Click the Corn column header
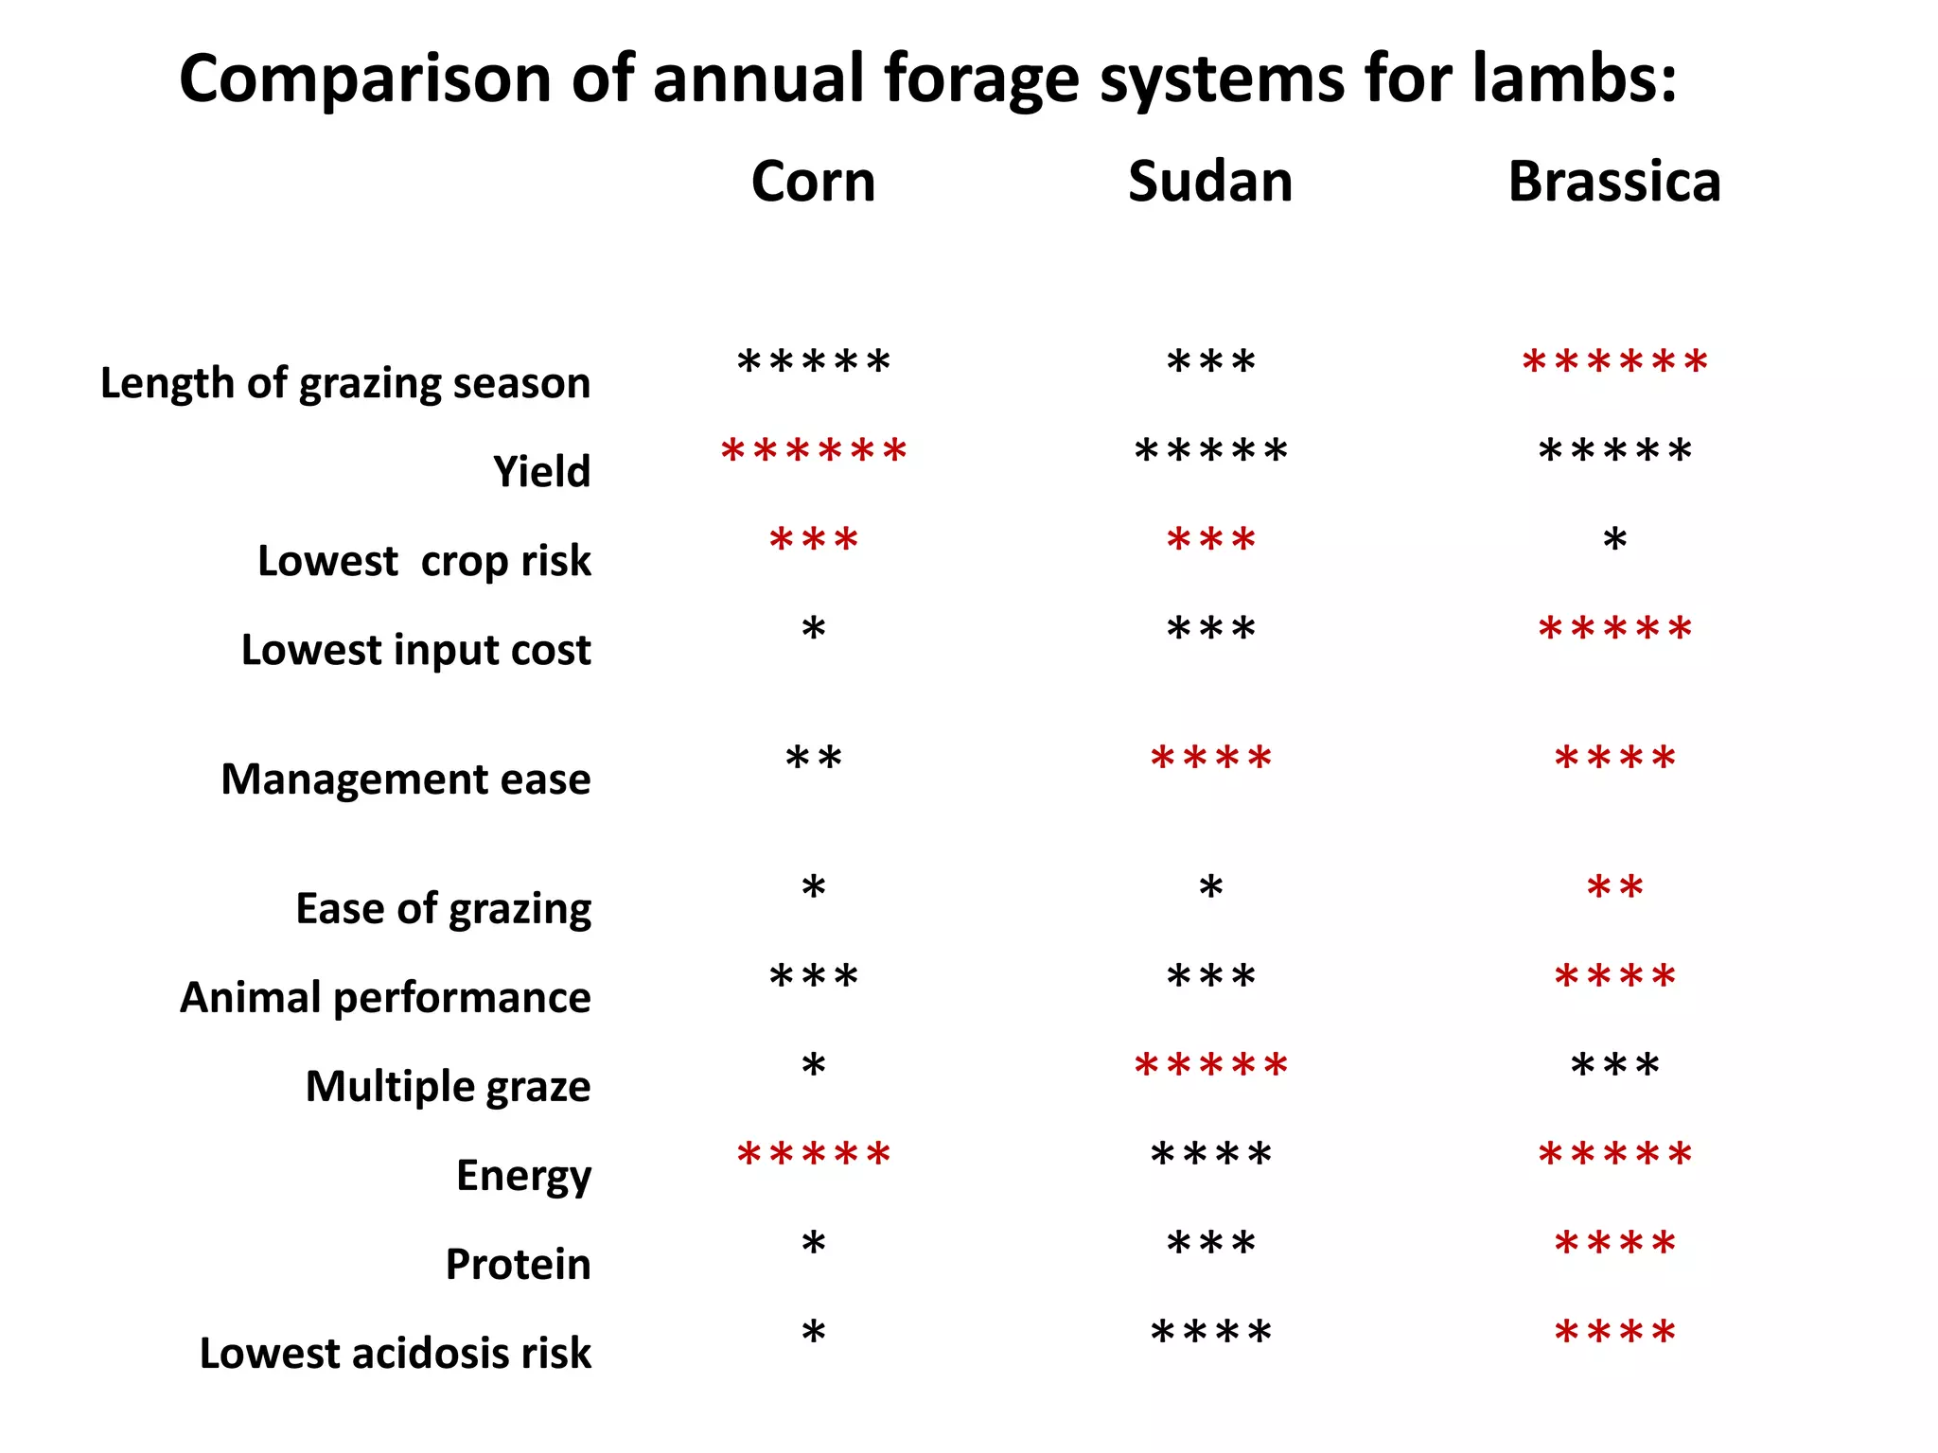(x=813, y=182)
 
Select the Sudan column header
(x=1209, y=182)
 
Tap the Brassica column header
(x=1613, y=182)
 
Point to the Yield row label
(x=541, y=471)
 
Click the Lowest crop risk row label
(x=424, y=561)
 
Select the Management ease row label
(x=405, y=779)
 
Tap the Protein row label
(x=518, y=1265)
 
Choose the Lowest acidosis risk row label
(x=395, y=1354)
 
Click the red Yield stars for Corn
(x=813, y=451)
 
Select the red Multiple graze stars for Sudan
(x=1210, y=1066)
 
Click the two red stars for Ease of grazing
(x=1614, y=887)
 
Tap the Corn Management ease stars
(x=813, y=759)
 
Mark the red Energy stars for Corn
(x=813, y=1155)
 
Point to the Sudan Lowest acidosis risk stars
(x=1210, y=1333)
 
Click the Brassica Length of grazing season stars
(x=1614, y=362)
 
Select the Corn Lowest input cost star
(x=813, y=629)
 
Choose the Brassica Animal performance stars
(x=1614, y=976)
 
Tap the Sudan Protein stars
(x=1210, y=1243)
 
